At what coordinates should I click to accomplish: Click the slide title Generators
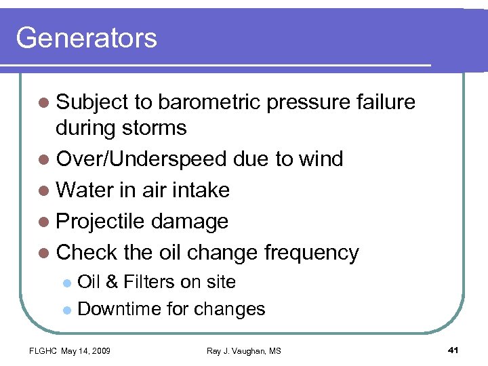[x=86, y=38]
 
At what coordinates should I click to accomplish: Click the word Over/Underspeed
[x=142, y=159]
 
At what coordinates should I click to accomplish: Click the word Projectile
[x=102, y=222]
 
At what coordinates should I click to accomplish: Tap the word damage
[x=190, y=222]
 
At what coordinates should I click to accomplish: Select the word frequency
[x=311, y=253]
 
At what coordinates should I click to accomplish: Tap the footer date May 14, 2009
[x=86, y=350]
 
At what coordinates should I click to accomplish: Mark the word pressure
[x=308, y=102]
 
